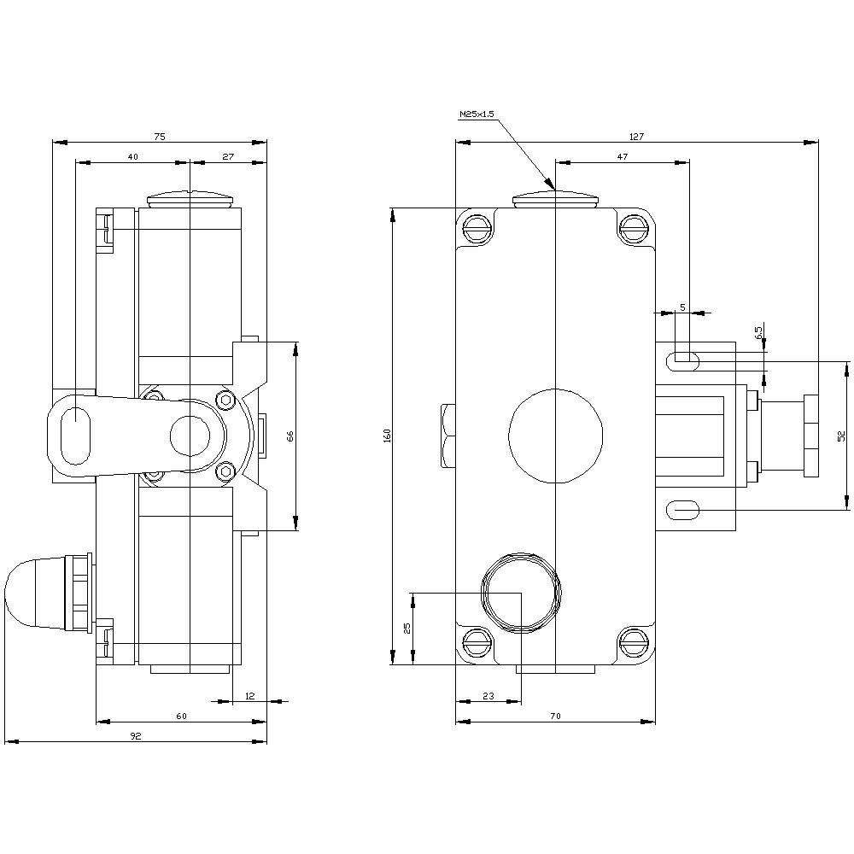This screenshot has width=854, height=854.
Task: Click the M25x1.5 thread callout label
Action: click(x=477, y=114)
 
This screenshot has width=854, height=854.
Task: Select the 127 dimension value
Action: click(x=636, y=136)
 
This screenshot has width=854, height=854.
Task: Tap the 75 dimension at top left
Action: click(x=159, y=136)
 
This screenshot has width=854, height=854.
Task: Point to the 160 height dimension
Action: click(x=387, y=436)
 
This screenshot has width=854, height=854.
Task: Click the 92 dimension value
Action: click(x=135, y=736)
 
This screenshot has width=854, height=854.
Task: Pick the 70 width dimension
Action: click(x=555, y=717)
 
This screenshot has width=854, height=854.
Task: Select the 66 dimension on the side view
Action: click(x=290, y=436)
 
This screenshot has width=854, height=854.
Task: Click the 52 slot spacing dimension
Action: click(x=840, y=436)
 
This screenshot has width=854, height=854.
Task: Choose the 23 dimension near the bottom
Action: click(x=488, y=697)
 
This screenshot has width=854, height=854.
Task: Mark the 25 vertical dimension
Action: click(x=407, y=628)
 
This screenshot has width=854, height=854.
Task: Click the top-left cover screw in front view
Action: click(x=477, y=228)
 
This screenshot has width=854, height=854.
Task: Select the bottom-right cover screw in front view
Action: click(x=634, y=643)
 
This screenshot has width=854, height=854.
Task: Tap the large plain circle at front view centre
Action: click(x=555, y=435)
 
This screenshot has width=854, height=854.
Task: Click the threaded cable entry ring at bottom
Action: click(x=520, y=592)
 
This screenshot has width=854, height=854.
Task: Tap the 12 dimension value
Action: click(x=249, y=696)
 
